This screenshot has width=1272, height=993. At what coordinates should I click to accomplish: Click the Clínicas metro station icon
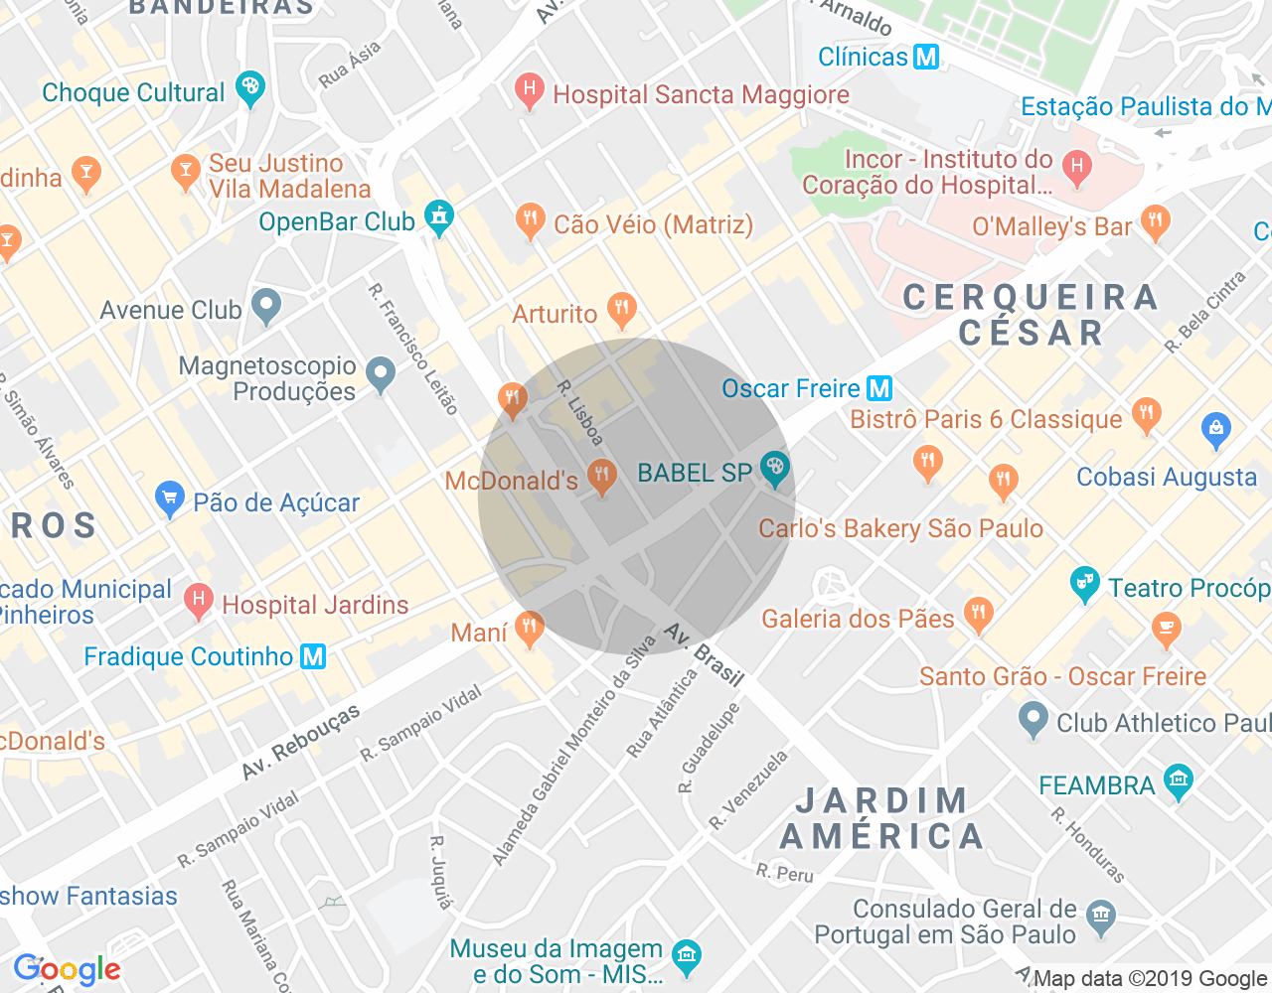pos(926,57)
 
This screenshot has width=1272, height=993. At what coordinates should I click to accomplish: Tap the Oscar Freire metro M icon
pos(879,388)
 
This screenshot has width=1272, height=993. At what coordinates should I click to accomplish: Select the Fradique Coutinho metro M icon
pos(313,656)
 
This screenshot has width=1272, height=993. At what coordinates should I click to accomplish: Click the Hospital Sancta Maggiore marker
pos(529,92)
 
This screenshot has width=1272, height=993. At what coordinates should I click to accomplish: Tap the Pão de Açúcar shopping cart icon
pos(170,498)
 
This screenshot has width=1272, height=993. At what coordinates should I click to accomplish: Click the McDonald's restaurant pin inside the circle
pos(601,476)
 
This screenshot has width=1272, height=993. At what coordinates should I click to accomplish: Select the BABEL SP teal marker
pos(775,467)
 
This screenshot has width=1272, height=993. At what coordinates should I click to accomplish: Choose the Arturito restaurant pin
pos(622,309)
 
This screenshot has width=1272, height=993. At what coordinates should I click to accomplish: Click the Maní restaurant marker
pos(529,628)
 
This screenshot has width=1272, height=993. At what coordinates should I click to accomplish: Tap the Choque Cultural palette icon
pos(250,88)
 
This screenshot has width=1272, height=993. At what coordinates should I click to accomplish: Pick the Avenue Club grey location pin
pos(266,307)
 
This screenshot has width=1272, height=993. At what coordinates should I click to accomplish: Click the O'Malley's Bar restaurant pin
pos(1155,222)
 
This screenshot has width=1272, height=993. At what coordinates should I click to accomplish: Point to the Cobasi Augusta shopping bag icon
pos(1215,430)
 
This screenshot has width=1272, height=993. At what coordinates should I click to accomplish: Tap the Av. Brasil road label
pos(705,655)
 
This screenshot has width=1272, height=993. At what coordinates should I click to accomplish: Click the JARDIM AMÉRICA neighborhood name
pos(881,819)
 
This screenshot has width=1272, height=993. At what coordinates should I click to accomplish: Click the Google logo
pos(67,969)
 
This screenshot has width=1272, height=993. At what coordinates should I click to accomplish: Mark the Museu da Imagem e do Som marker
pos(686,956)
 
